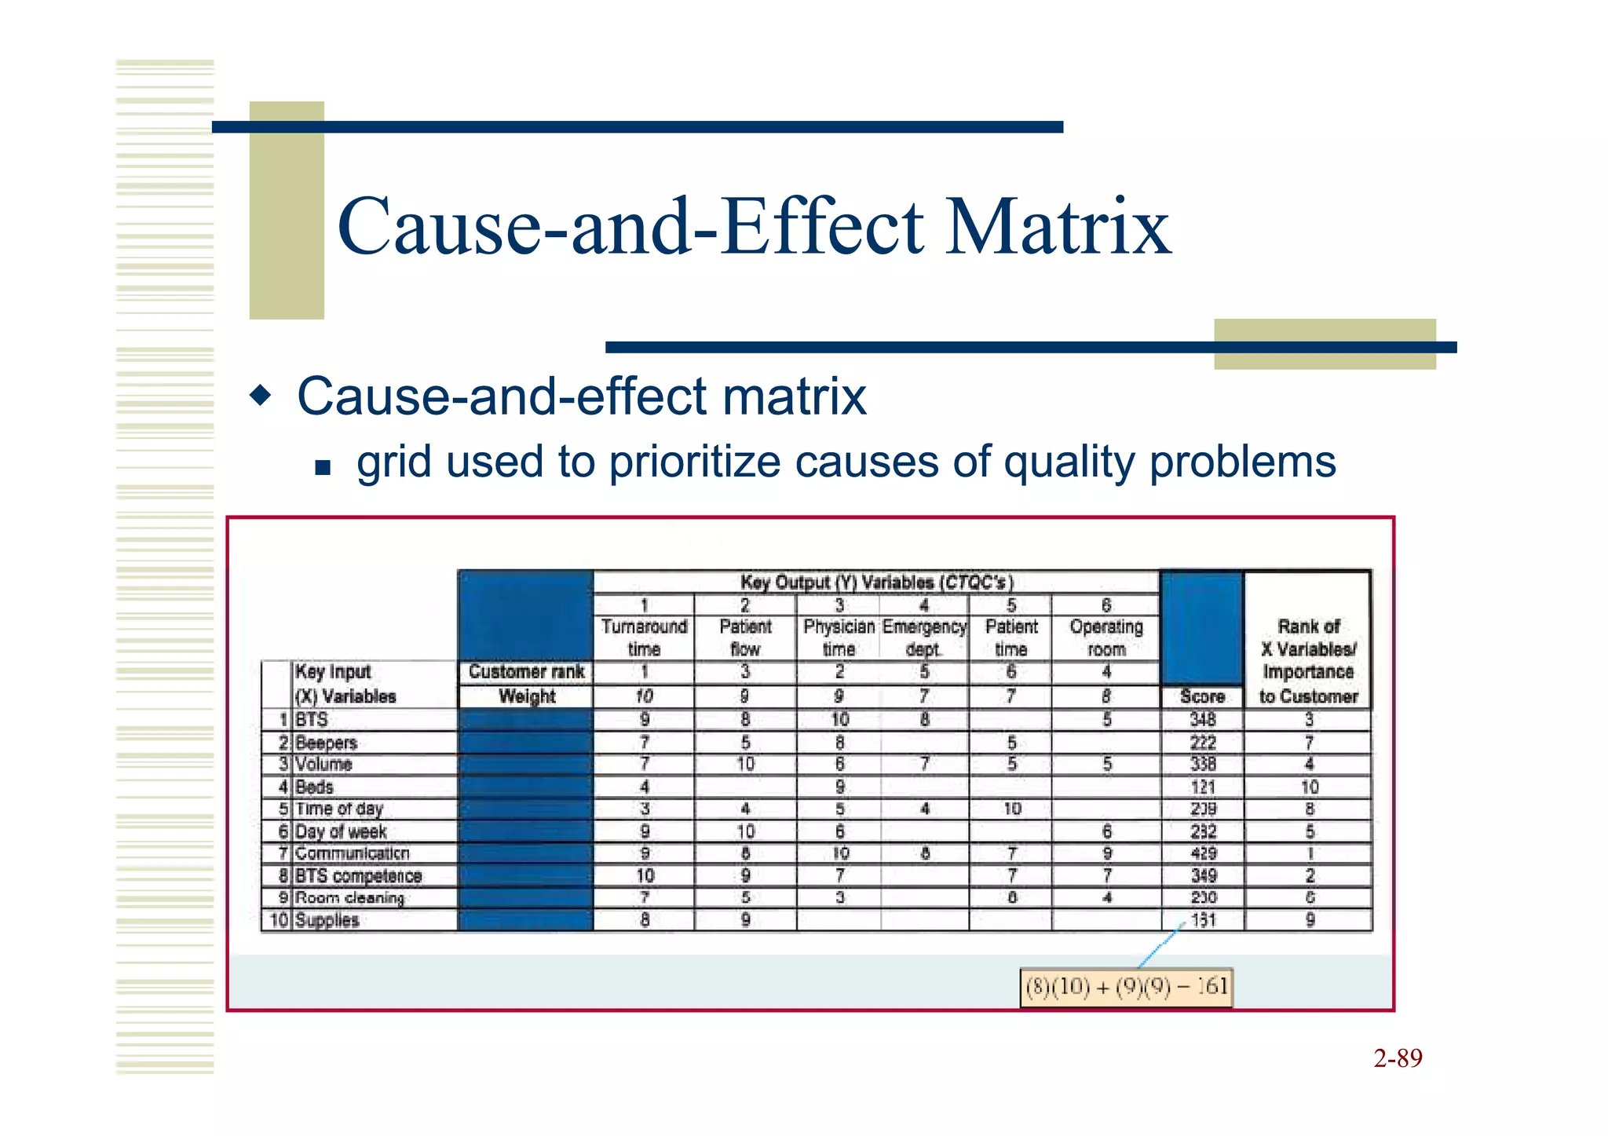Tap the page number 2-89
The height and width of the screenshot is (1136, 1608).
pos(1398,1058)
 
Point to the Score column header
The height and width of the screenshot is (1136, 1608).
pos(1202,696)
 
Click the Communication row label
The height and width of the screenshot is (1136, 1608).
pos(352,853)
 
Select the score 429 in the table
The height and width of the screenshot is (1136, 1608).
pos(1203,853)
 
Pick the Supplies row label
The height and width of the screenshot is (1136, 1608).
pos(327,920)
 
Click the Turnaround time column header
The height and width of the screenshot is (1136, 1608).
pos(644,637)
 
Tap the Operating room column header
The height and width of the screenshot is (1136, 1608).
pos(1105,637)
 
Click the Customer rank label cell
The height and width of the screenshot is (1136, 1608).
pos(526,672)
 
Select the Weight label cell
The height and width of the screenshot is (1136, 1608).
pos(526,696)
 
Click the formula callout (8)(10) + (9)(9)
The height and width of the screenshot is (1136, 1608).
pos(1126,987)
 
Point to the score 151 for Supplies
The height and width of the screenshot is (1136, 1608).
pos(1203,920)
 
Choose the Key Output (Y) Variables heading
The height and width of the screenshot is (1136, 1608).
pos(876,583)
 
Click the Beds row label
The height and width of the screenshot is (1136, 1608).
pos(314,787)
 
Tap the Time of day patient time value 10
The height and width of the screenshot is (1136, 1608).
pos(1012,809)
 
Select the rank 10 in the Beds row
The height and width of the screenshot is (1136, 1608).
pos(1309,787)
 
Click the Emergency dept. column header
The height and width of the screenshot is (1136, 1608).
pos(924,637)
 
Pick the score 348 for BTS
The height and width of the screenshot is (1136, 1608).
pos(1203,719)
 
